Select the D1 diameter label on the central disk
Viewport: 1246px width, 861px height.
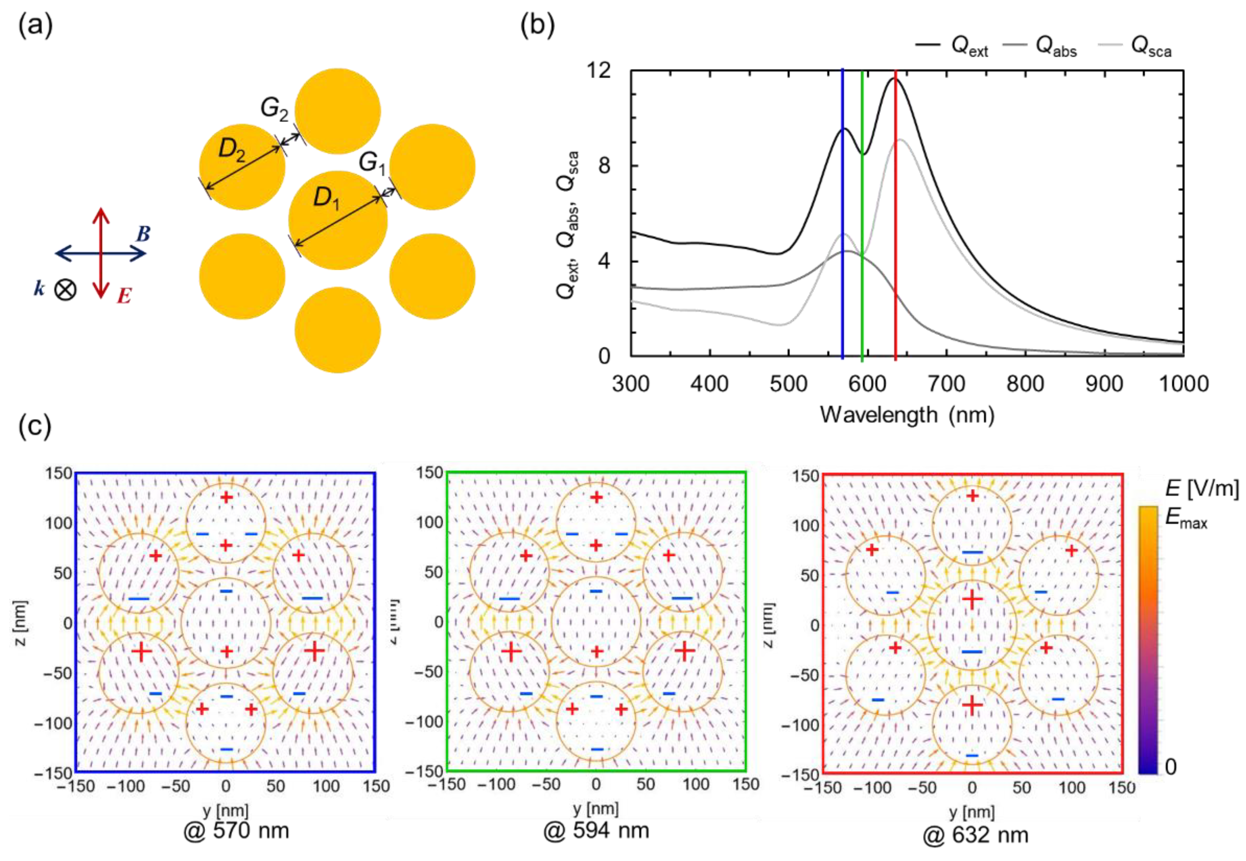(x=326, y=199)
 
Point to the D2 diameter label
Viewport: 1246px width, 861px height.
(x=231, y=150)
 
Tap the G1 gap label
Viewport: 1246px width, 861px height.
(x=372, y=163)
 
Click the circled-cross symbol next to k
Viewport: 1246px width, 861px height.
(x=66, y=290)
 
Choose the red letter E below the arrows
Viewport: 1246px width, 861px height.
(x=124, y=296)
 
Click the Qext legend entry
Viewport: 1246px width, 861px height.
(x=952, y=46)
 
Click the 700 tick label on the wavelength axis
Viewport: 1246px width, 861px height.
(x=947, y=384)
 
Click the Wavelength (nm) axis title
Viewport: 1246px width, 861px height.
(x=907, y=415)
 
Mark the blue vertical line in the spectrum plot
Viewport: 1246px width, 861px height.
(x=842, y=216)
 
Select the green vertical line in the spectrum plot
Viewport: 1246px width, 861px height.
(x=862, y=216)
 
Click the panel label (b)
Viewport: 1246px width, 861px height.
(x=537, y=25)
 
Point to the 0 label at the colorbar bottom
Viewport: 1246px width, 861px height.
(x=1171, y=767)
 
